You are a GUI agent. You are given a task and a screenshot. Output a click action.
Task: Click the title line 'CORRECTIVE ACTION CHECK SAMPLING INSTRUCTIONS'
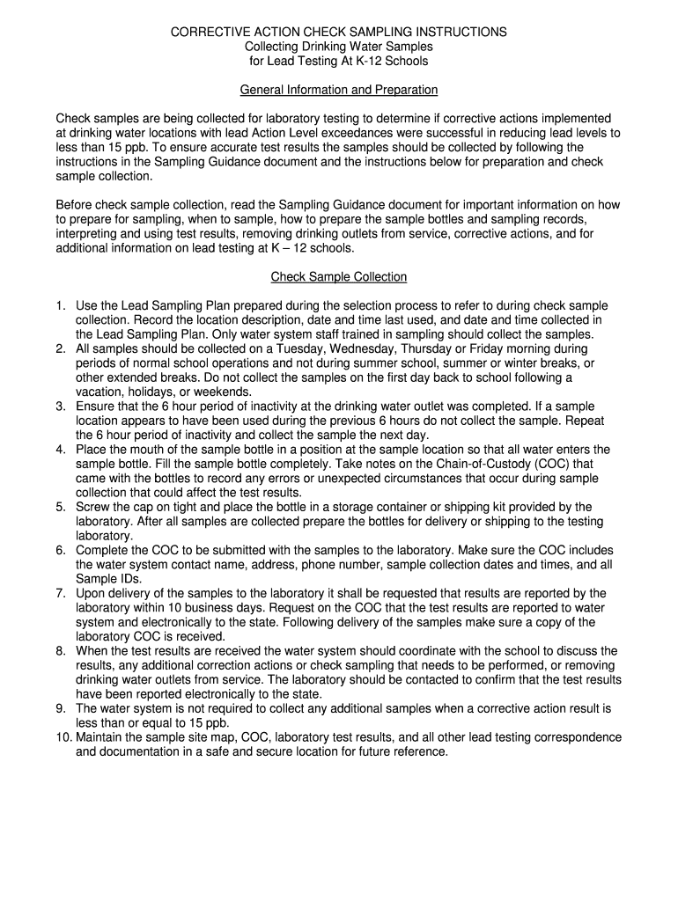(339, 32)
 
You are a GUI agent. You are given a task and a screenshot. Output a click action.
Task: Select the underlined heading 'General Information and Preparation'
(339, 90)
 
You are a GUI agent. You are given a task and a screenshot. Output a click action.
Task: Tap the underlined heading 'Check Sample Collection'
(339, 276)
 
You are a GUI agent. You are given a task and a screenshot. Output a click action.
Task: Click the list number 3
(61, 407)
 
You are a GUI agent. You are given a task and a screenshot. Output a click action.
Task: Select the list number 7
(61, 593)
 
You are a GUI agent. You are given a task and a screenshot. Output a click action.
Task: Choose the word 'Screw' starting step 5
(93, 507)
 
